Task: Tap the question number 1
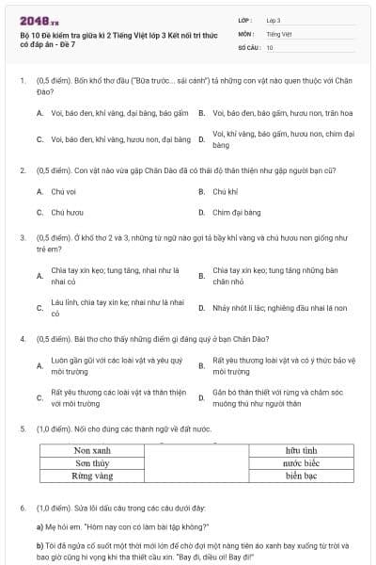pos(22,82)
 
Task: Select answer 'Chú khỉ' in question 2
pos(225,191)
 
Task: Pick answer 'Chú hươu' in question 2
pos(67,213)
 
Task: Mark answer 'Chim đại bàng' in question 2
pos(236,213)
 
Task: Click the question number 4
pos(22,337)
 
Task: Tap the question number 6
pos(22,508)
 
